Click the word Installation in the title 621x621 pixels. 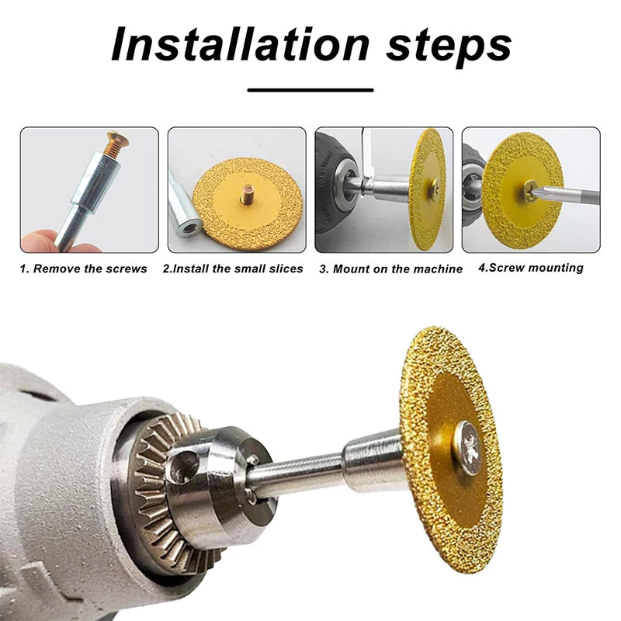pyautogui.click(x=241, y=43)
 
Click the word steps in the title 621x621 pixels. pyautogui.click(x=449, y=47)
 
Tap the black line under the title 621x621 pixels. pyautogui.click(x=310, y=90)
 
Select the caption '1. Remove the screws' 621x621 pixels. pyautogui.click(x=83, y=269)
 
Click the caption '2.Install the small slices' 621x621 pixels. pyautogui.click(x=233, y=269)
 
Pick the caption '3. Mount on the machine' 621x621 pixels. pyautogui.click(x=391, y=269)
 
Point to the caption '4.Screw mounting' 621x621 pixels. pyautogui.click(x=531, y=268)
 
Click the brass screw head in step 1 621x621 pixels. pyautogui.click(x=119, y=139)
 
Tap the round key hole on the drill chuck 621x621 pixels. pyautogui.click(x=183, y=467)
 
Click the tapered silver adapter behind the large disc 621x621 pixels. pyautogui.click(x=370, y=460)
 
